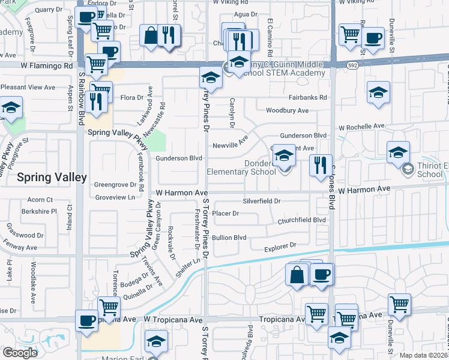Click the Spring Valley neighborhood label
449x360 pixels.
(52, 178)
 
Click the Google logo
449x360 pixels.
(20, 353)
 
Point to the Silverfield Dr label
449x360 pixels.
(262, 201)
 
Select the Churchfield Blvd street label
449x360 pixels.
(301, 220)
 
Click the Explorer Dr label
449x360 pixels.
(281, 245)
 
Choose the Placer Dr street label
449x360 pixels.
(226, 213)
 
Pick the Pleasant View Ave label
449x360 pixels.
(28, 87)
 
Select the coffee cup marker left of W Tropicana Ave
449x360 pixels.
(86, 320)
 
